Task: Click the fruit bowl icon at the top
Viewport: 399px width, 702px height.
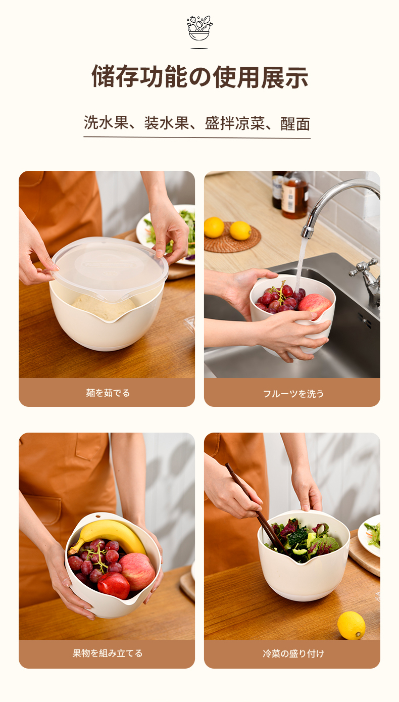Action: [x=199, y=28]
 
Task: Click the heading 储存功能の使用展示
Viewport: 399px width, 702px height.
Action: [x=199, y=77]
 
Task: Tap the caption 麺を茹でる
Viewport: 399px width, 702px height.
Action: [x=108, y=393]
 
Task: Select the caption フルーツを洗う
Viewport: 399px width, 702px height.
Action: [x=293, y=393]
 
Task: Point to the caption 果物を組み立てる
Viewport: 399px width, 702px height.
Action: [x=108, y=653]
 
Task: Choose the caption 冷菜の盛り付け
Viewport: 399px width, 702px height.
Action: [x=293, y=653]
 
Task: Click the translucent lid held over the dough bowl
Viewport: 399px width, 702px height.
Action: [x=110, y=268]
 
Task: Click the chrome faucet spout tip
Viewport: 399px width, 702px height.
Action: [x=307, y=233]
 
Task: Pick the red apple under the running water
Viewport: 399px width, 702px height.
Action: [x=315, y=305]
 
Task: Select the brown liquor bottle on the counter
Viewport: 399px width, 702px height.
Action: [x=294, y=194]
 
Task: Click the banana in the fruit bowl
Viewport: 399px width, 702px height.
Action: [x=108, y=536]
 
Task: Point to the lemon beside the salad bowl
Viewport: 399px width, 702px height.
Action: [x=351, y=625]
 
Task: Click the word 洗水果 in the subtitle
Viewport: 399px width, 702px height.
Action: [x=106, y=122]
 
